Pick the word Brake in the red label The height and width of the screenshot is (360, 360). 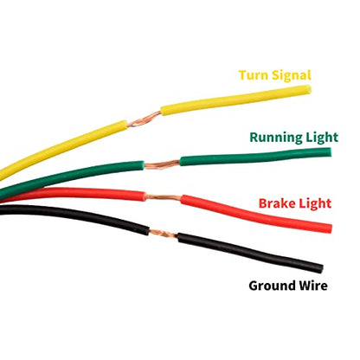[x=277, y=203]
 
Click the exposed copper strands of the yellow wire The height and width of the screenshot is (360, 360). [x=144, y=119]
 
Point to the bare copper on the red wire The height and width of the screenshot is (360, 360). [x=163, y=198]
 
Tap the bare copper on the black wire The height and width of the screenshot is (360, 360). [x=164, y=233]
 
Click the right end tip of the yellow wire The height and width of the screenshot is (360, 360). [x=310, y=90]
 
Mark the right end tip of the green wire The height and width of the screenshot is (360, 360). [x=331, y=152]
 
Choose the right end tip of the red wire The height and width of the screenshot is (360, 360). [x=331, y=228]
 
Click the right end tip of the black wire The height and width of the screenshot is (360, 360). [x=321, y=269]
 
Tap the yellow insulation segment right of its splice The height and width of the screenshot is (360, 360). [x=236, y=100]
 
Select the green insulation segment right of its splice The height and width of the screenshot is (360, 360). [x=255, y=157]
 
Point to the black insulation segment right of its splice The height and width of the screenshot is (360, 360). [x=249, y=252]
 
